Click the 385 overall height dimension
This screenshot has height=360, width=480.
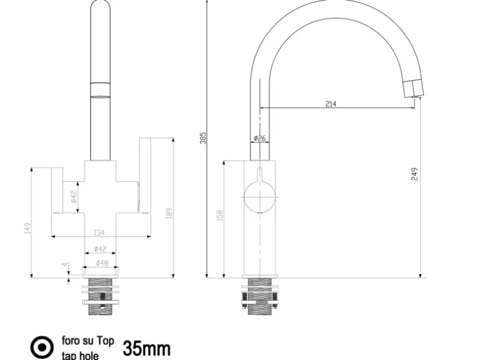point(203,138)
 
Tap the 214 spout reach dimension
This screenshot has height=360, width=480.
point(330,104)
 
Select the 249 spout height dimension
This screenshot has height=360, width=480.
point(415,174)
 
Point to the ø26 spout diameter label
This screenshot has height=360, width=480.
point(260,138)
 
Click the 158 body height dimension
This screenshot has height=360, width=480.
point(220,216)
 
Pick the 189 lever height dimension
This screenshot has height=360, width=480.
point(170,213)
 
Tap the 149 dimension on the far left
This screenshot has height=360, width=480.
point(28,228)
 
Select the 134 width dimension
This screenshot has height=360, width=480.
point(99,233)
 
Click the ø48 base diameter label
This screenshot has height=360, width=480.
point(102,263)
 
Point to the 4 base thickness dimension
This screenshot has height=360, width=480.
point(65,264)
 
